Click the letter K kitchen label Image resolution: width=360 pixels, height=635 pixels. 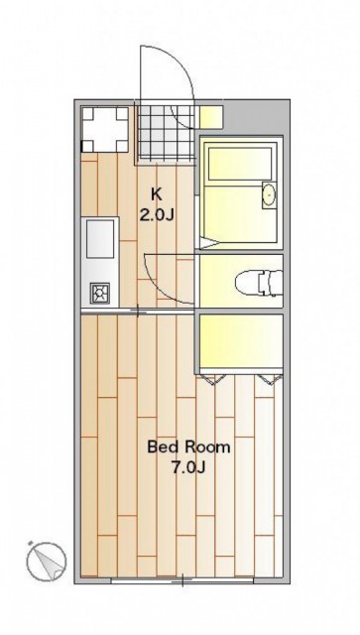pos(157,194)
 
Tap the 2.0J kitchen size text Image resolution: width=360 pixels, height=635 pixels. pos(157,215)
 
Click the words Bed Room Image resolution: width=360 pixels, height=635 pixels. pos(188,447)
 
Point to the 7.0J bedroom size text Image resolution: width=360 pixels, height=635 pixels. pos(188,467)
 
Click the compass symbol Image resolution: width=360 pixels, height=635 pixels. pos(47,561)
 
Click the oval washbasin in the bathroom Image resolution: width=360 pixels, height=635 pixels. pos(269,195)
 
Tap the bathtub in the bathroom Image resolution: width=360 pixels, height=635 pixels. pos(240,166)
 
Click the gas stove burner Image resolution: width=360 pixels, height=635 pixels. pos(99,293)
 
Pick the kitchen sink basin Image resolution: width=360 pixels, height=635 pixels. pos(100,239)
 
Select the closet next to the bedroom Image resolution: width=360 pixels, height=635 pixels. pos(242,340)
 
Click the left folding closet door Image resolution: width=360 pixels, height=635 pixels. pos(214,379)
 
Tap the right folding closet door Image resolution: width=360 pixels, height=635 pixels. pos(270,379)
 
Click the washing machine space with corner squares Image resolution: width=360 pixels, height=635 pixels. pos(105,130)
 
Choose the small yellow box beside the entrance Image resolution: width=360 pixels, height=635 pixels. pos(211,117)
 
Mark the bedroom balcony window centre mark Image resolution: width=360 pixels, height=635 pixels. pos(182,580)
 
